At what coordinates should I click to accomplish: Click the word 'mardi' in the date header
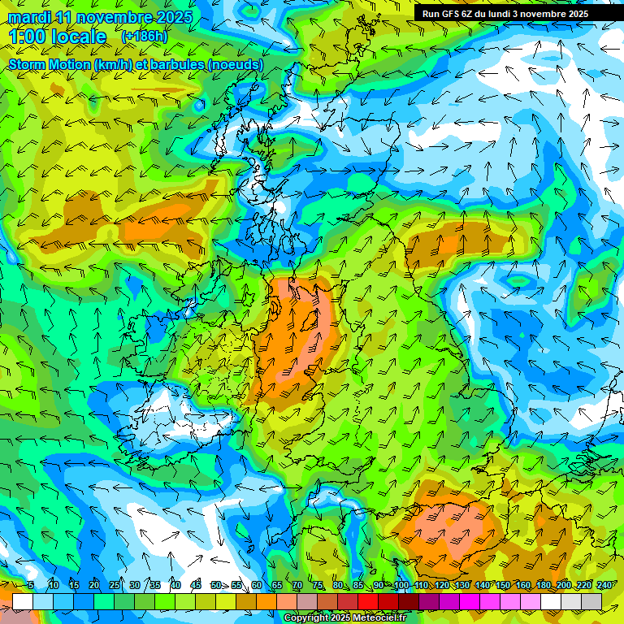coord(29,17)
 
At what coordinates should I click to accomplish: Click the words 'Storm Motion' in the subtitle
coord(50,65)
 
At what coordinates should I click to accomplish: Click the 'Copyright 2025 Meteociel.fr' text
coord(344,618)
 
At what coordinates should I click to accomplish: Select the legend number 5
coord(31,585)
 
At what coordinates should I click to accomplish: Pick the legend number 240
coord(604,585)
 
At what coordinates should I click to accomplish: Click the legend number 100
coord(401,585)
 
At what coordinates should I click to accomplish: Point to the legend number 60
coord(257,585)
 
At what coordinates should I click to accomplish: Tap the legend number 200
coord(564,585)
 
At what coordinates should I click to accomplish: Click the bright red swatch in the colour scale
coord(368,601)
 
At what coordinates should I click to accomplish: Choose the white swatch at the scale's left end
coord(23,601)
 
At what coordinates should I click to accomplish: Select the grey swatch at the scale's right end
coord(591,601)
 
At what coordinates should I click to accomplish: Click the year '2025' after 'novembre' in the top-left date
coord(173,17)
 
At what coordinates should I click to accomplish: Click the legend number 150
coord(503,585)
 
